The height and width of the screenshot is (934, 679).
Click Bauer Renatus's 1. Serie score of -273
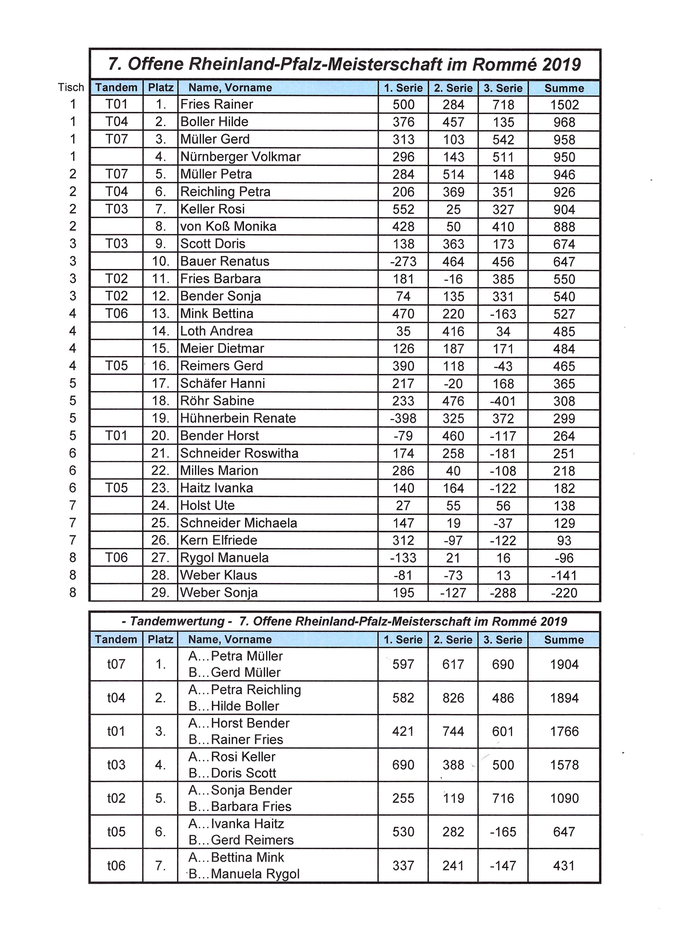[x=403, y=262]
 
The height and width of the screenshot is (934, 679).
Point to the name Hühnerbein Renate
[x=238, y=418]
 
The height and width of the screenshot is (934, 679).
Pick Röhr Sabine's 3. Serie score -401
[x=503, y=401]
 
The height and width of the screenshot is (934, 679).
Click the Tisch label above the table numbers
[x=71, y=87]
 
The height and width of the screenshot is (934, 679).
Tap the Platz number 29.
[x=160, y=593]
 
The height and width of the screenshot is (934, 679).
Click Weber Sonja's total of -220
[x=564, y=593]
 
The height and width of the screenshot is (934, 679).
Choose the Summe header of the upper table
[x=564, y=88]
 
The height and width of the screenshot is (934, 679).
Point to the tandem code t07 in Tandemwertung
[x=116, y=664]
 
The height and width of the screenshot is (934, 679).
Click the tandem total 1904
[x=564, y=664]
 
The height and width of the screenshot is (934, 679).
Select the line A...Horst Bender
[x=239, y=723]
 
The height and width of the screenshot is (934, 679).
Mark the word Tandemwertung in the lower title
[x=177, y=621]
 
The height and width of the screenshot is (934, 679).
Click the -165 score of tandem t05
[x=503, y=832]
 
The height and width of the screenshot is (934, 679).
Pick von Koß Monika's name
[x=228, y=226]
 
